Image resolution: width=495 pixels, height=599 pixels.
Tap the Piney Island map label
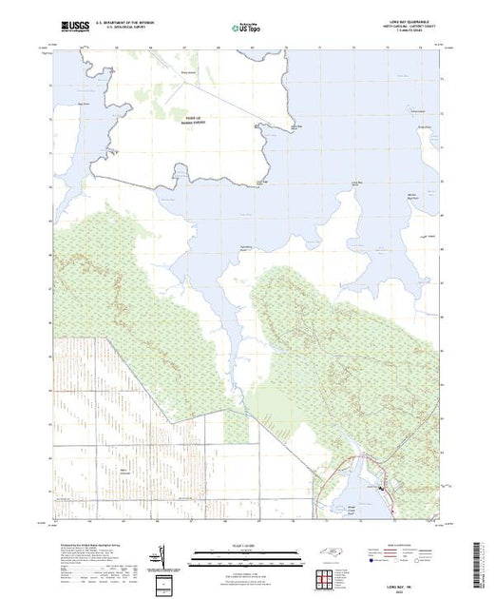click(189, 71)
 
